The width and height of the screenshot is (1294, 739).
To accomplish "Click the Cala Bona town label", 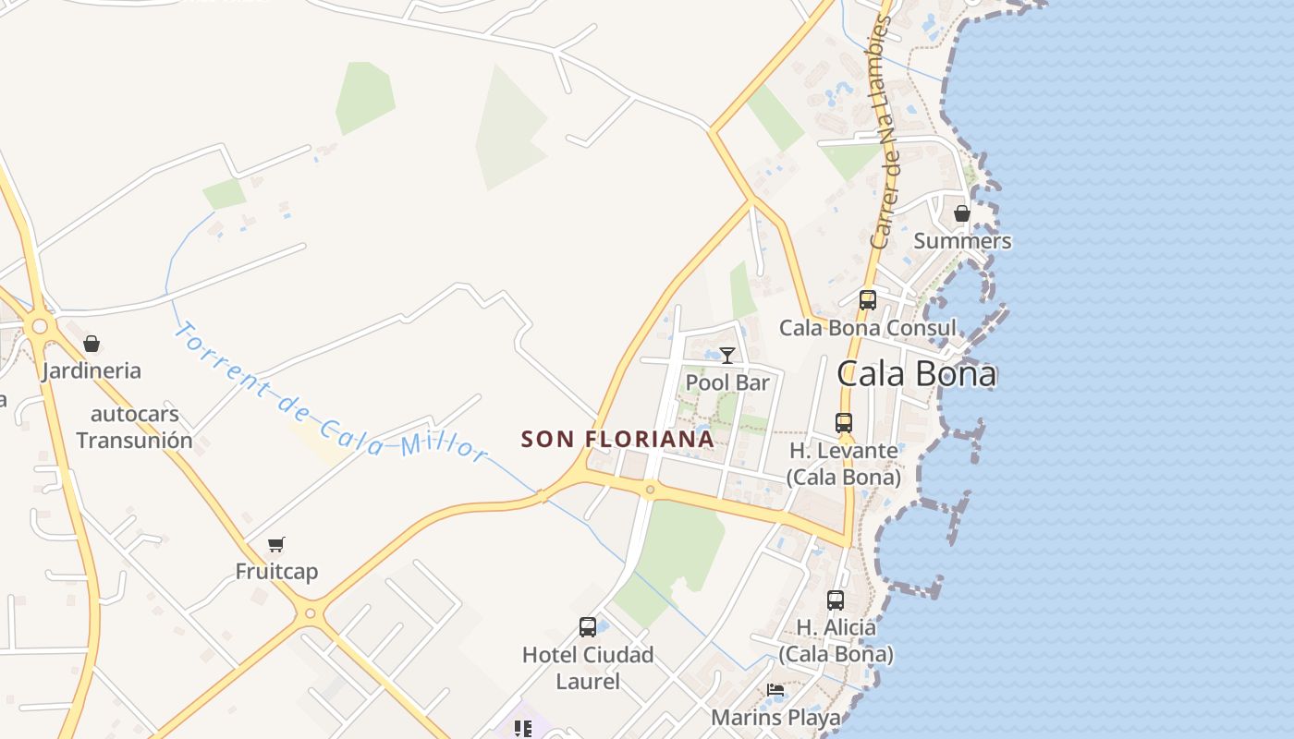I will [x=916, y=374].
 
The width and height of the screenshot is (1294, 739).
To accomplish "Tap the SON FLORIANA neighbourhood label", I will [x=617, y=439].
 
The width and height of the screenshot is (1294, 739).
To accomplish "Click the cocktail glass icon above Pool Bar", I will [x=727, y=356].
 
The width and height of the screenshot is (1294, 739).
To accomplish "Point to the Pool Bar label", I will [x=727, y=382].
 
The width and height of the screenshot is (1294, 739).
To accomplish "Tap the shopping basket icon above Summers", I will [x=962, y=213].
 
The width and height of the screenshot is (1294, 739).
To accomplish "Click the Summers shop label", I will [x=962, y=241].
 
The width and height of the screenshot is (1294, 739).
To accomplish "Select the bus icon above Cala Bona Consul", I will [x=867, y=300].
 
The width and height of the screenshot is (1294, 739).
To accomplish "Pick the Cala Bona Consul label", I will [x=867, y=328].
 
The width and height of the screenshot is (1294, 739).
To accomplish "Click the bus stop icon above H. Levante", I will [x=844, y=423].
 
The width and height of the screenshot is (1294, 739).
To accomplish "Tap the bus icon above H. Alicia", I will [x=836, y=600].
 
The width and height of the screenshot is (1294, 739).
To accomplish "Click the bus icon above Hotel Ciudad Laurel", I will [x=587, y=627].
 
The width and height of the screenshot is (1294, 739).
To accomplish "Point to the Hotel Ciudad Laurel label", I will [x=588, y=668].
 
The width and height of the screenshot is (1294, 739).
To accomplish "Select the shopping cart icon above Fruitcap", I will [x=276, y=544].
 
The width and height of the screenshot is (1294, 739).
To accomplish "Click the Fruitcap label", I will [x=276, y=572].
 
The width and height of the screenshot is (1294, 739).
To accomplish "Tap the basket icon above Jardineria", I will [x=92, y=344].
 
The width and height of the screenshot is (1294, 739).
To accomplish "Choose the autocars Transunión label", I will [x=134, y=427].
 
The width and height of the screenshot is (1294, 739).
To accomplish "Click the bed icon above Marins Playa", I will [x=775, y=690].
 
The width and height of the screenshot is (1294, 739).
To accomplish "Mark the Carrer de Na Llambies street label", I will [x=883, y=134].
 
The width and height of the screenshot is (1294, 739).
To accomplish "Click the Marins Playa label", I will [x=775, y=718].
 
